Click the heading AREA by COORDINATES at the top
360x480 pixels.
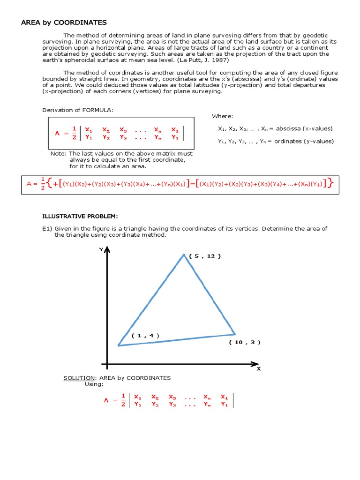64,22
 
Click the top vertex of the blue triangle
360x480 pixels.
184,254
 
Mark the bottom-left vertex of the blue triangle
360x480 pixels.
119,345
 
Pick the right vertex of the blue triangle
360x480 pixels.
235,334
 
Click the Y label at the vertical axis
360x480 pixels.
100,250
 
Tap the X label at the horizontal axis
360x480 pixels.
258,369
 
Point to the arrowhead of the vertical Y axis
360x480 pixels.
107,250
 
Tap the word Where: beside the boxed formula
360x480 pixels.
222,116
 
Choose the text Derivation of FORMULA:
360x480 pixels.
78,110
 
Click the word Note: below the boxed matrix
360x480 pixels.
59,154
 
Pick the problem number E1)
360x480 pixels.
47,228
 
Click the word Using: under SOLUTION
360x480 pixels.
93,384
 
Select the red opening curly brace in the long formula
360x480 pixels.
50,184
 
